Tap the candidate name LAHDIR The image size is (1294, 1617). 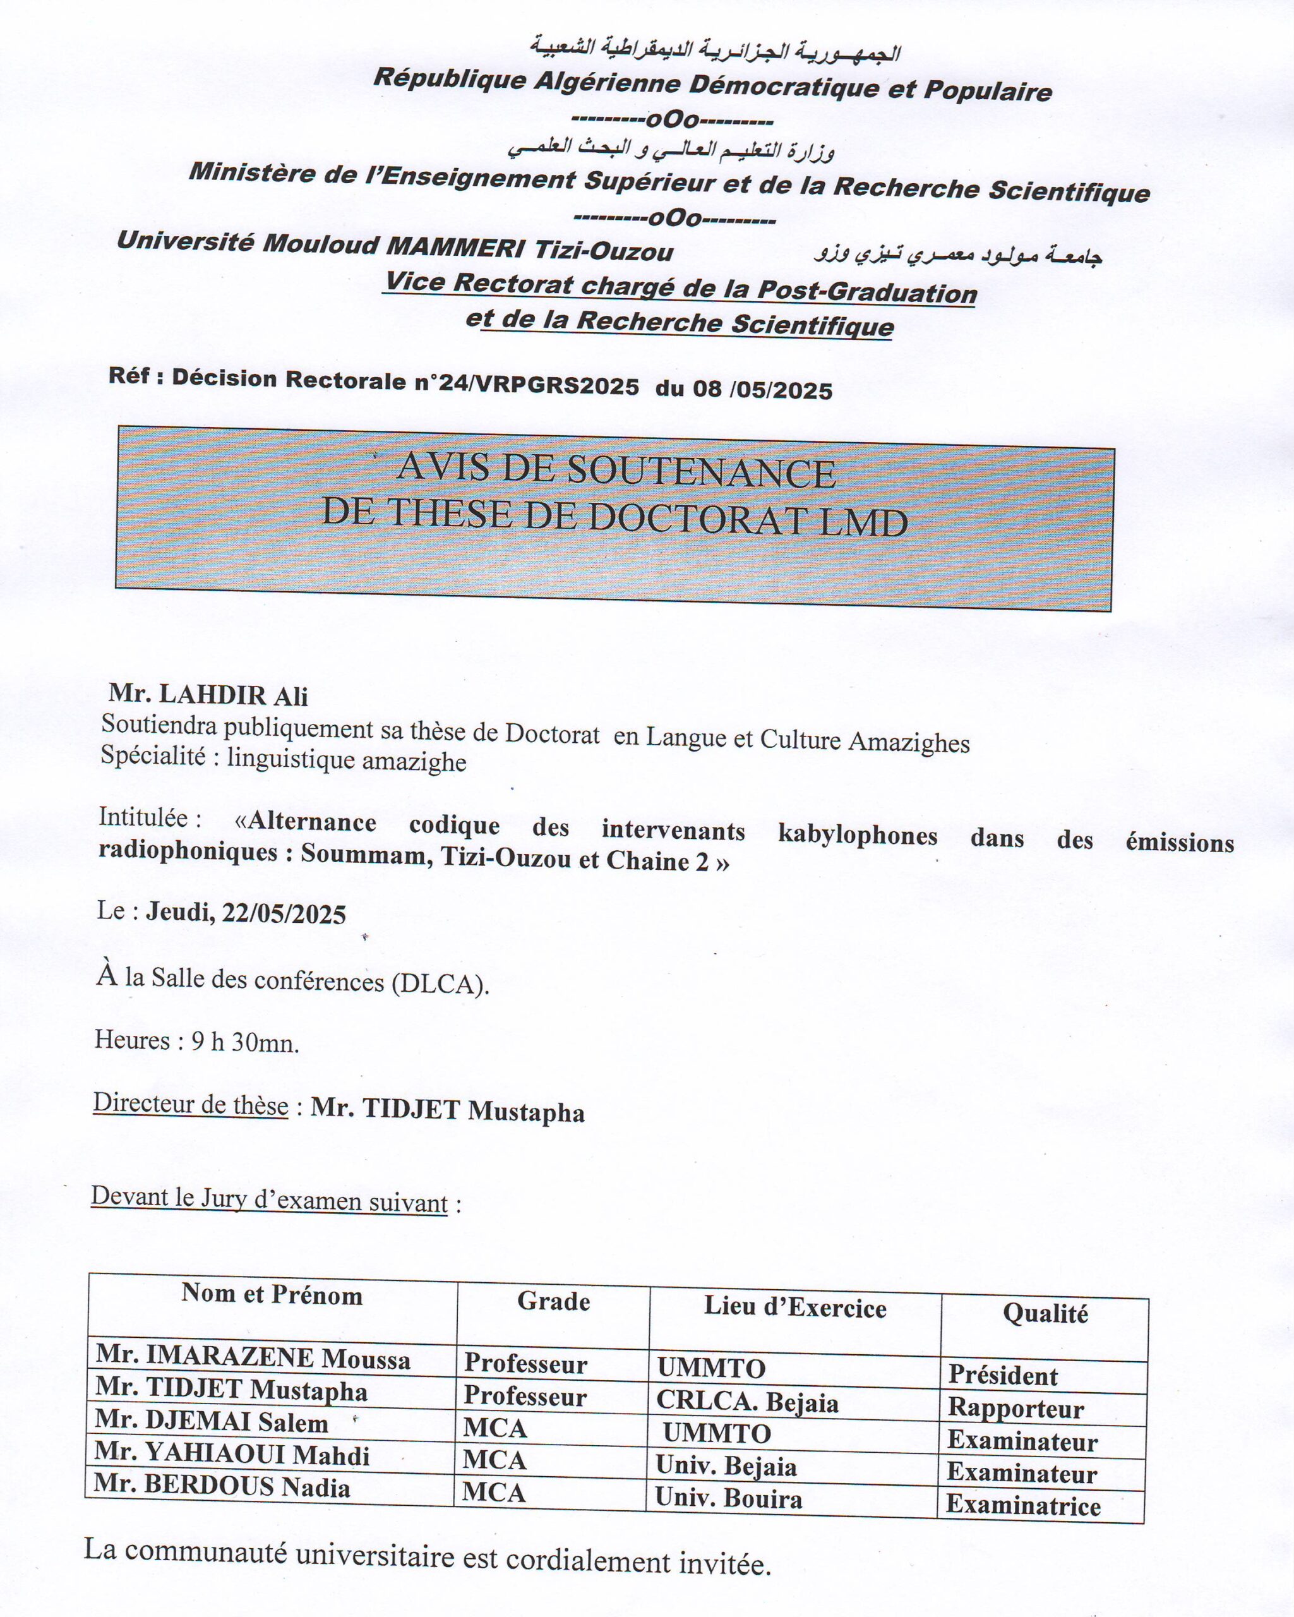(213, 695)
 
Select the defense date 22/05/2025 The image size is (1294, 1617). (284, 913)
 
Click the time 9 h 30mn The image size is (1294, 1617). (245, 1042)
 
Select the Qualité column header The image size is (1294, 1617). (1045, 1313)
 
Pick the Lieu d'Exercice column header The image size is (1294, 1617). (794, 1308)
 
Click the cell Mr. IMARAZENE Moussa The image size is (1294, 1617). (253, 1358)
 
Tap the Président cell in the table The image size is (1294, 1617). (1003, 1376)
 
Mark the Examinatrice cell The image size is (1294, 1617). (1022, 1505)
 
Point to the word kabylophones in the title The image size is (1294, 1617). (858, 834)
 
